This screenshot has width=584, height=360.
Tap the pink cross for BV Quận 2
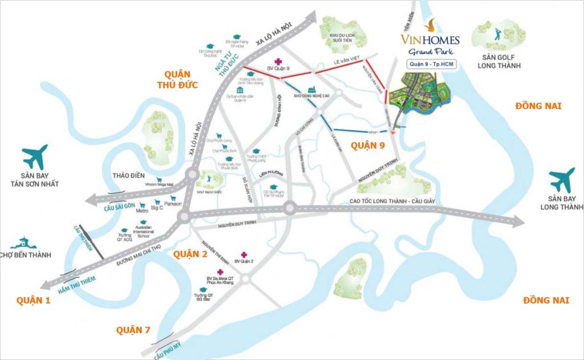(x=244, y=254)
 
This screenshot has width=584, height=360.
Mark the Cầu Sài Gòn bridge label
(x=119, y=207)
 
